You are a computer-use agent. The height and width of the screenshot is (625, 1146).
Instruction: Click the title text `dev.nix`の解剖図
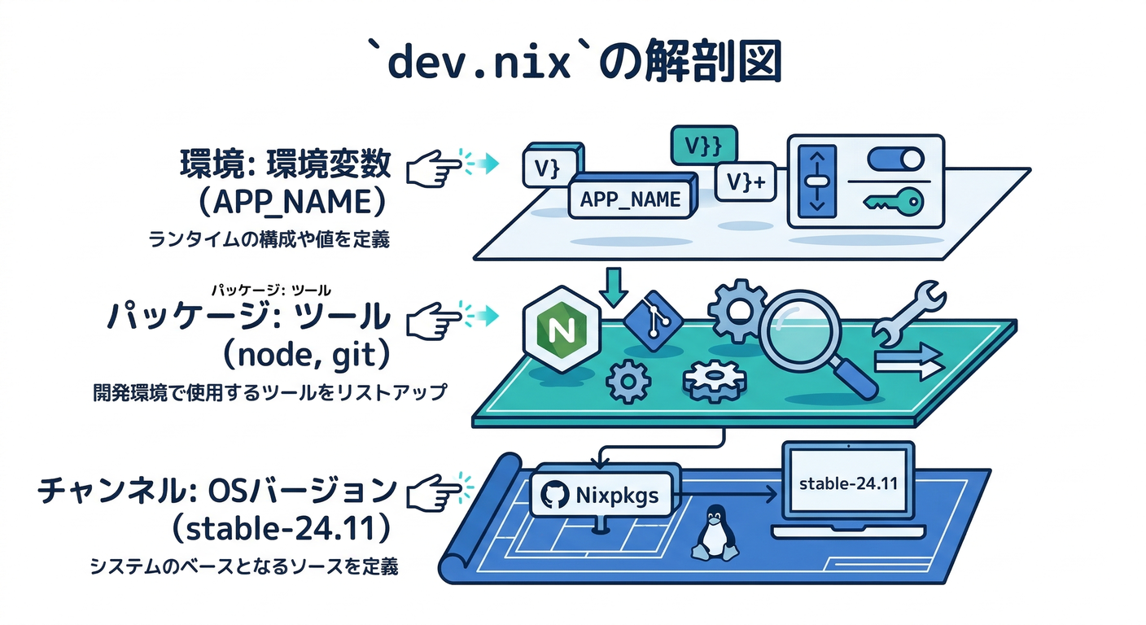tap(572, 63)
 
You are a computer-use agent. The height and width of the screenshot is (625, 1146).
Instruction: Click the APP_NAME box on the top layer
tap(631, 198)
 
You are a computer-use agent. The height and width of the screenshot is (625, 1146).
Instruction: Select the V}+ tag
tap(744, 182)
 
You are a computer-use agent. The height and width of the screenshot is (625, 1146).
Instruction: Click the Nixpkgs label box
tap(602, 493)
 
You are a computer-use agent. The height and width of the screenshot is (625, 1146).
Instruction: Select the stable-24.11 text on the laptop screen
tap(848, 483)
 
